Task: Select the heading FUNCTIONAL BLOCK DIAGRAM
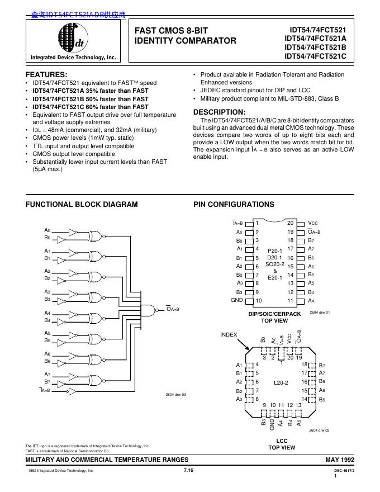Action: pyautogui.click(x=82, y=205)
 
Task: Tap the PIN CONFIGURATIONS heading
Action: pyautogui.click(x=234, y=205)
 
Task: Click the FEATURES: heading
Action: pyautogui.click(x=47, y=74)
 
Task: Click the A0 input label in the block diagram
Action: pyautogui.click(x=47, y=230)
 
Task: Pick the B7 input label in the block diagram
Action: pyautogui.click(x=47, y=381)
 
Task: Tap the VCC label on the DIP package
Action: pyautogui.click(x=313, y=223)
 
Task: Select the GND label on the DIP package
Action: pyautogui.click(x=237, y=300)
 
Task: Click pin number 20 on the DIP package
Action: pyautogui.click(x=291, y=223)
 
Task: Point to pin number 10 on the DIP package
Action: pyautogui.click(x=258, y=301)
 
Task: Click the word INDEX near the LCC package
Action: pyautogui.click(x=229, y=334)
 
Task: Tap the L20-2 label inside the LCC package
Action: pyautogui.click(x=281, y=382)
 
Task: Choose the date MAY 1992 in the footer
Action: pyautogui.click(x=340, y=459)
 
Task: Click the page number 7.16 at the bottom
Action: pyautogui.click(x=188, y=471)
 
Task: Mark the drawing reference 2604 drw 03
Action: pyautogui.click(x=175, y=395)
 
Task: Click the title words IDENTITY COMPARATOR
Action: pyautogui.click(x=186, y=41)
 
